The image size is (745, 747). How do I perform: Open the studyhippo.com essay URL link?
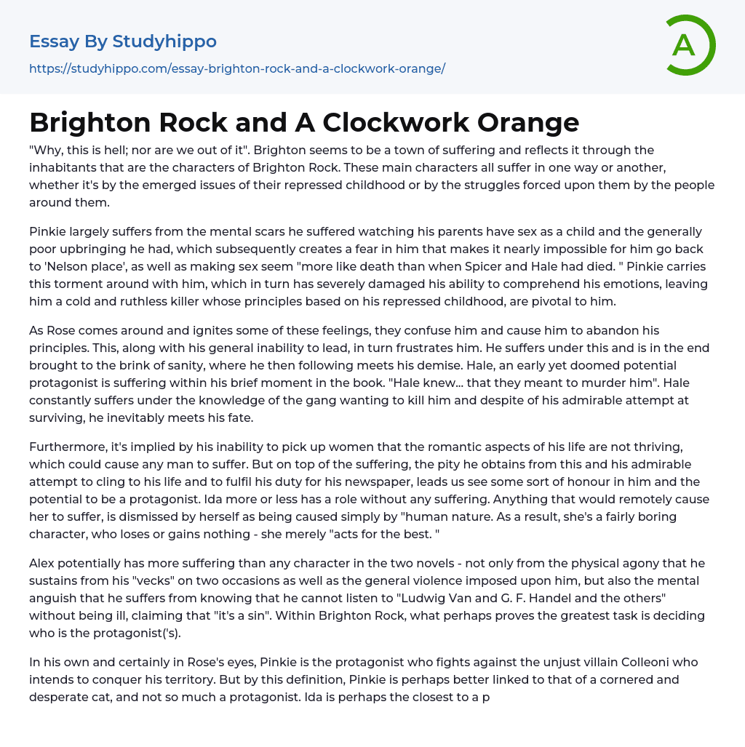(x=237, y=68)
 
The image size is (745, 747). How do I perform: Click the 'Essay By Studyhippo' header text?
(x=123, y=41)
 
